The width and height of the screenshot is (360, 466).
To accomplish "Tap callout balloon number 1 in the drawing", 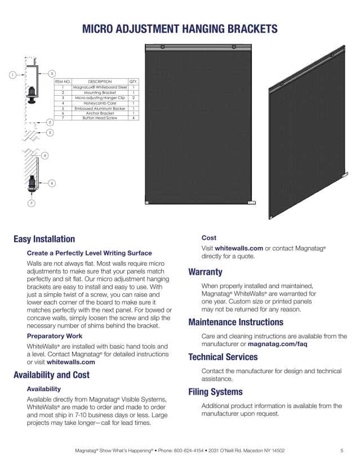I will pyautogui.click(x=12, y=75).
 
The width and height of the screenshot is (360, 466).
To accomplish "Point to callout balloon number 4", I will pyautogui.click(x=45, y=155).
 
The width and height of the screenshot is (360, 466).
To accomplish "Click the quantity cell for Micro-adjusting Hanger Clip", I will pyautogui.click(x=134, y=98).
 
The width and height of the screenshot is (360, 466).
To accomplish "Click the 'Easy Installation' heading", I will pyautogui.click(x=44, y=239).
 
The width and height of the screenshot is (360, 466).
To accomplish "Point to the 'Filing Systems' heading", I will pyautogui.click(x=215, y=392).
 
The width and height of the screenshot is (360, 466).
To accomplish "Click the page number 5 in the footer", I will pyautogui.click(x=341, y=451).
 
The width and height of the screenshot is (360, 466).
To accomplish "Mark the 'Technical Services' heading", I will pyautogui.click(x=223, y=357).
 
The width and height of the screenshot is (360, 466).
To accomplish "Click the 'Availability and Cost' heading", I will pyautogui.click(x=51, y=375).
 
